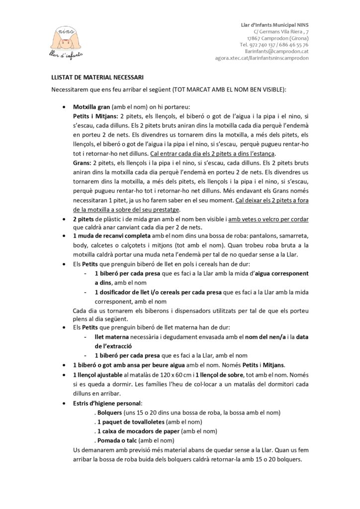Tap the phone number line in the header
tap(274, 44)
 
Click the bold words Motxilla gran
tap(91, 107)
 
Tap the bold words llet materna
tap(111, 337)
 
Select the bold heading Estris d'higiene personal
tap(107, 403)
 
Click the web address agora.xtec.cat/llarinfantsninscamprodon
tap(262, 58)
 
